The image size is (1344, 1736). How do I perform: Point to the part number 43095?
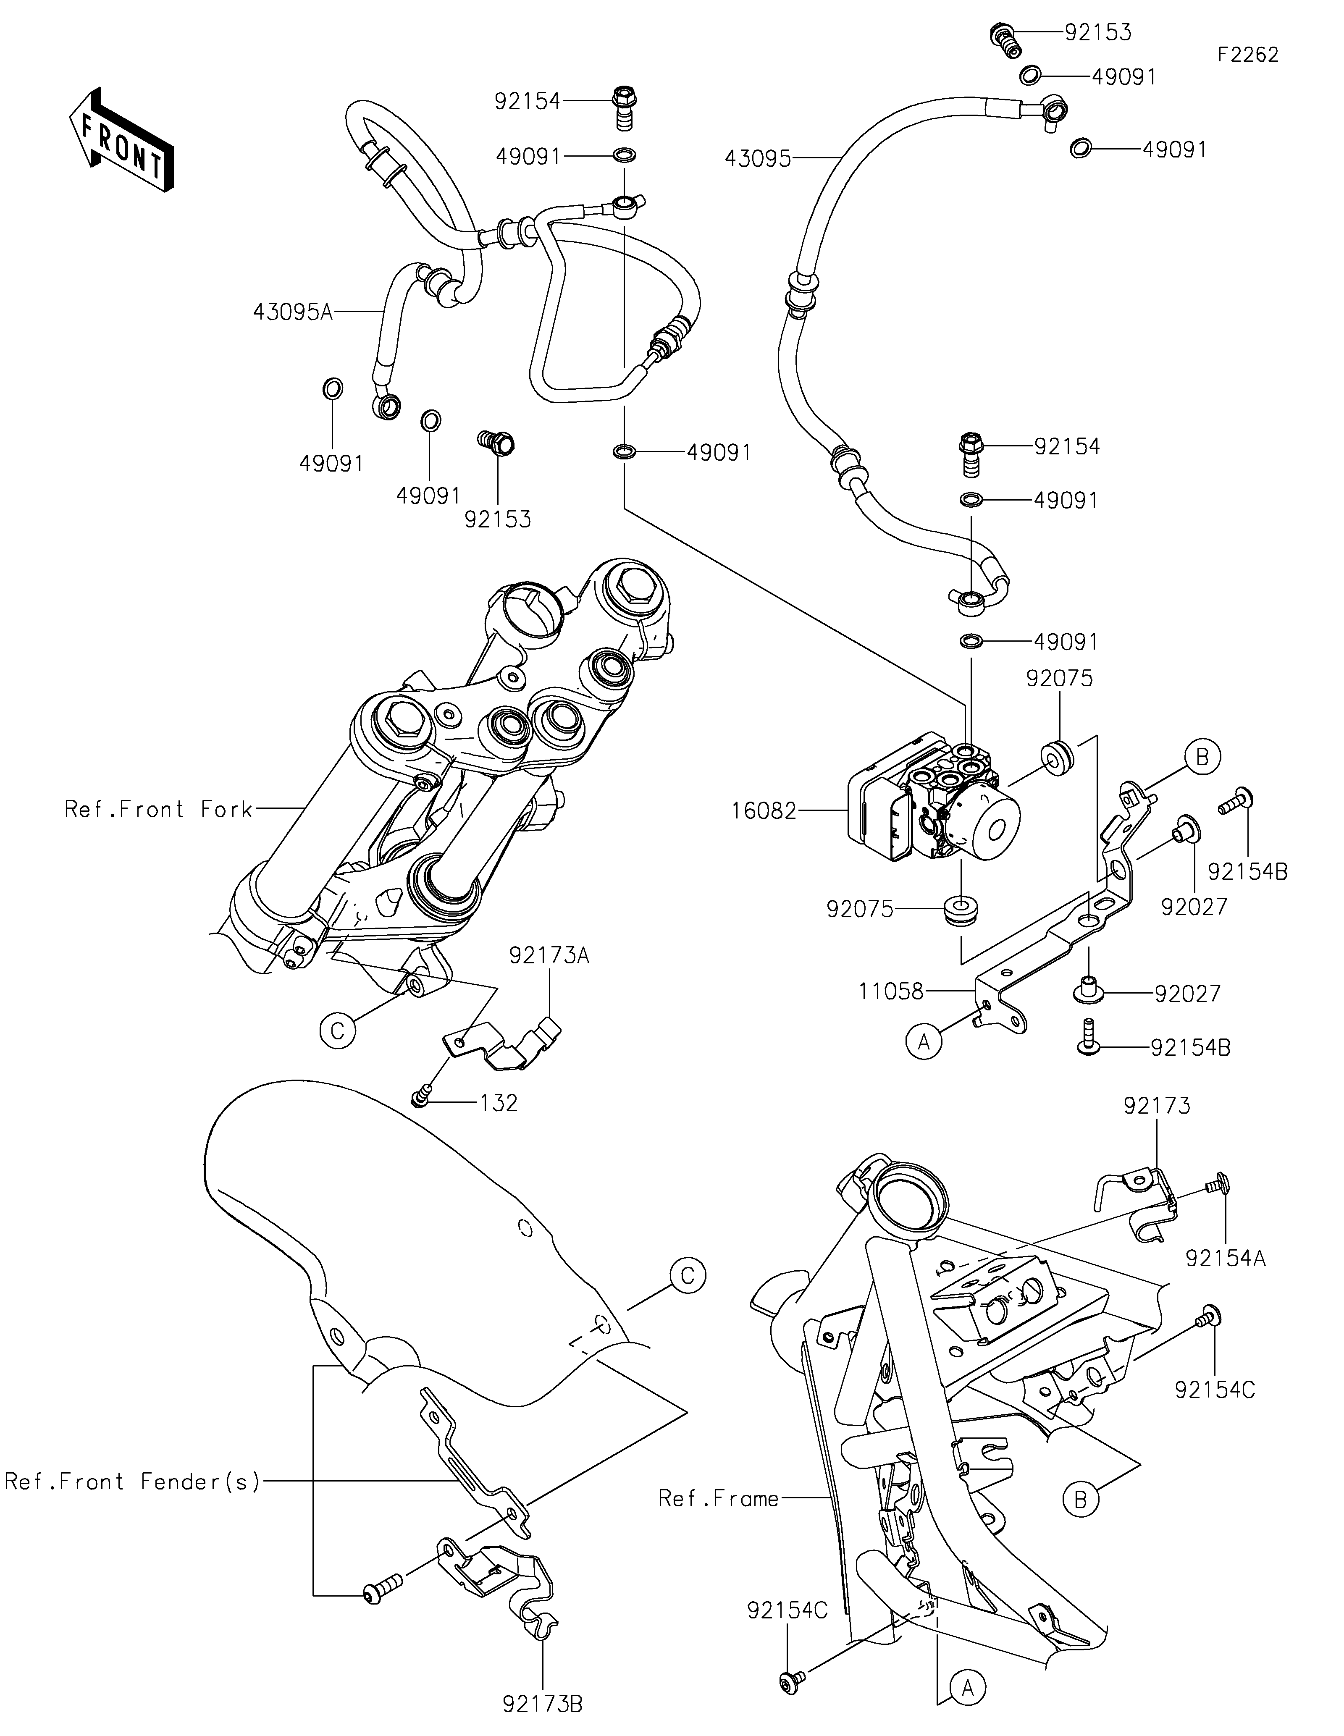pyautogui.click(x=757, y=159)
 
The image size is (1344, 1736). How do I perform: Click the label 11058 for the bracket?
pyautogui.click(x=891, y=991)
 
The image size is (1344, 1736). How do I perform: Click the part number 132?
pyautogui.click(x=499, y=1103)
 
